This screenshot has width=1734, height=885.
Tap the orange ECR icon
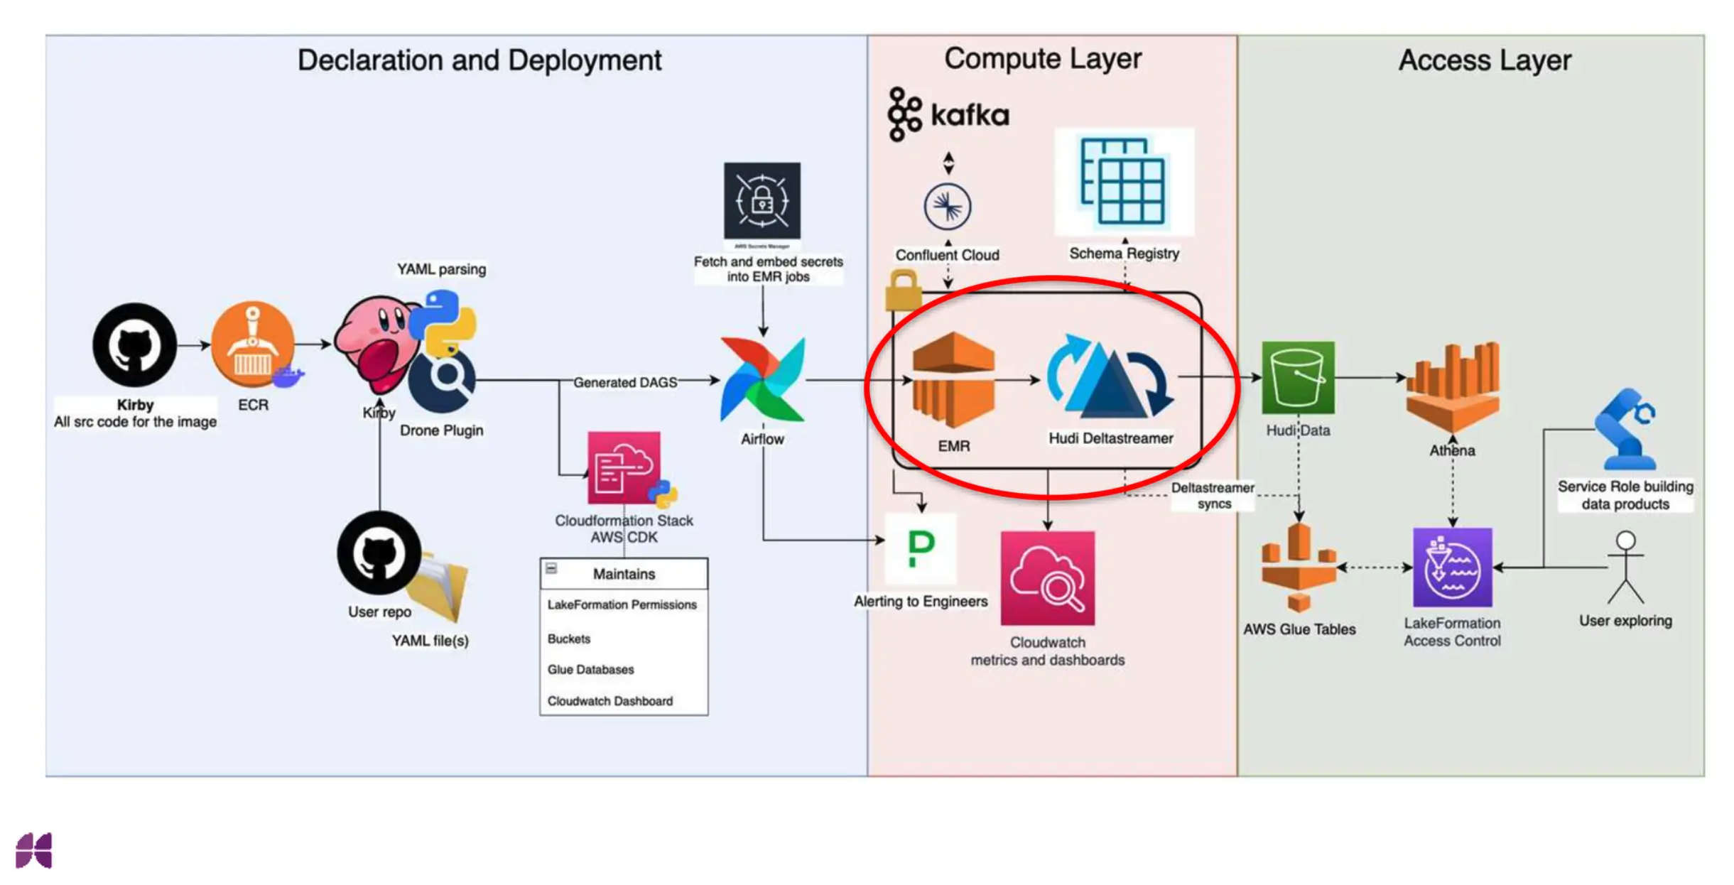[252, 344]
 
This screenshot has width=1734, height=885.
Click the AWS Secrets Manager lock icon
[762, 201]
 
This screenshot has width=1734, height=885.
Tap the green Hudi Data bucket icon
[1297, 377]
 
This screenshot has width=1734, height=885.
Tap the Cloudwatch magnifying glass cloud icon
[1047, 577]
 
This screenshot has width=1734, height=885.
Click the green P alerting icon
[921, 549]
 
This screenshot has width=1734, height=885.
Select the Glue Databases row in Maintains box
[590, 669]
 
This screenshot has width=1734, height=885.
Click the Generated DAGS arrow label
[624, 382]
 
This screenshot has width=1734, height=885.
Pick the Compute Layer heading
[1042, 59]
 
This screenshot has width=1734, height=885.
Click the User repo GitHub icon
[379, 553]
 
